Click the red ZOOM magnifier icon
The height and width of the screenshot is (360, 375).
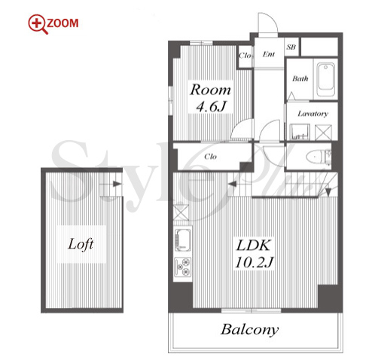[x=38, y=24]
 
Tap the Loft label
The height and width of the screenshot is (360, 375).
[x=81, y=244]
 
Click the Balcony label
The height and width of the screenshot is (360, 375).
[x=250, y=330]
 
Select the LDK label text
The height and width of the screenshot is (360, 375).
[x=253, y=246]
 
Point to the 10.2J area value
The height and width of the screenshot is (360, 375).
[x=254, y=262]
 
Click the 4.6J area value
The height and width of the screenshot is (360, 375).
[x=211, y=107]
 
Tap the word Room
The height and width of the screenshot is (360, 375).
[x=210, y=90]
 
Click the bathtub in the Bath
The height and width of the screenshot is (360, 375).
[x=326, y=80]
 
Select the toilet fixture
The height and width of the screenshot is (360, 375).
[x=319, y=157]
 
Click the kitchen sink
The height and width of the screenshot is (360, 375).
[x=183, y=240]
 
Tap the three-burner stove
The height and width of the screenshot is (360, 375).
[x=183, y=267]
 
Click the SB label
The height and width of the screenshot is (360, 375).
[x=291, y=47]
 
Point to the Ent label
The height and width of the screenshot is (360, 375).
[x=269, y=54]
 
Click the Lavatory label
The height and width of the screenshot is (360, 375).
[x=312, y=114]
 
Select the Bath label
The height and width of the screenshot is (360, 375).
[x=300, y=79]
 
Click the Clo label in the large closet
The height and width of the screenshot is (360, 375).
[x=210, y=157]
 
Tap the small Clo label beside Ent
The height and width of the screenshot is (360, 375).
[x=245, y=55]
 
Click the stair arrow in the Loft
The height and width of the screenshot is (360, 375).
[x=117, y=184]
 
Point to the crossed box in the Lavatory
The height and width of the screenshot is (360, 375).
[x=323, y=133]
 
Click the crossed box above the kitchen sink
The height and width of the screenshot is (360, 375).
[x=181, y=212]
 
